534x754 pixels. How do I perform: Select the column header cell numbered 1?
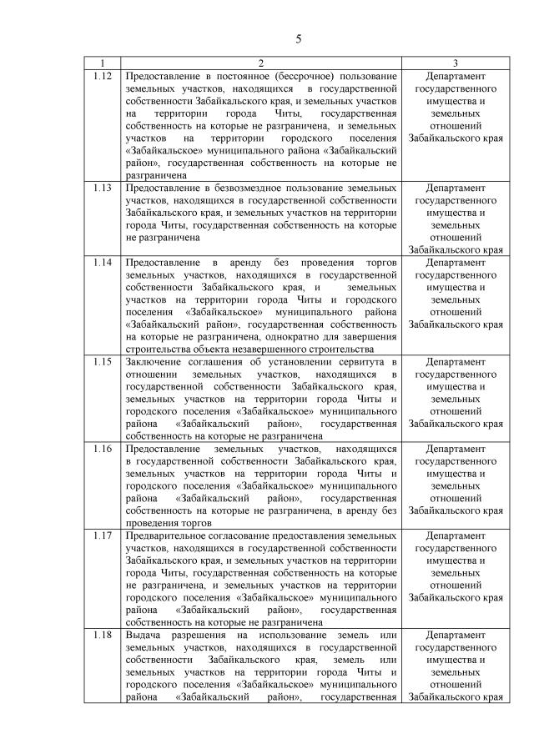[x=102, y=63]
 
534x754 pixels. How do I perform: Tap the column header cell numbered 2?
[x=260, y=63]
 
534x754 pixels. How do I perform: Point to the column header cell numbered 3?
[x=455, y=63]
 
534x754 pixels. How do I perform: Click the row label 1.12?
[x=102, y=76]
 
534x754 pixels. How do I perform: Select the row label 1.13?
[x=102, y=188]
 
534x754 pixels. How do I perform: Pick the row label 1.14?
[x=102, y=262]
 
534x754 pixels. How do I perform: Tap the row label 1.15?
[x=102, y=361]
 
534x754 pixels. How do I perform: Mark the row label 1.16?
[x=102, y=448]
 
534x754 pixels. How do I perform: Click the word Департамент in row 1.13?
[x=455, y=188]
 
